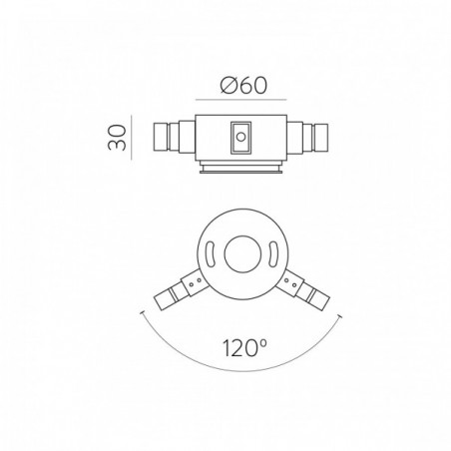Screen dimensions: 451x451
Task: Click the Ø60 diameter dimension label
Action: [243, 86]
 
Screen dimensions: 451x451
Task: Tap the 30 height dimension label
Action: [117, 138]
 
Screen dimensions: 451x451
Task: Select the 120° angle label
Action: [244, 348]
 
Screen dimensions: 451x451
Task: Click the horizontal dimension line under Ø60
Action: [241, 100]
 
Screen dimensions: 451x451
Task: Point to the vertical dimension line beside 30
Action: [132, 138]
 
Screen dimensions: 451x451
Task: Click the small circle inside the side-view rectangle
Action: [240, 137]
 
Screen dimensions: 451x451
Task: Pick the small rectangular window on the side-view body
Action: [240, 138]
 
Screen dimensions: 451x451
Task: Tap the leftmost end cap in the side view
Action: [161, 137]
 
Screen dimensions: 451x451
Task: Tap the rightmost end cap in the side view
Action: [321, 138]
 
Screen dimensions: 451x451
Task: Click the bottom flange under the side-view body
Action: [241, 167]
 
